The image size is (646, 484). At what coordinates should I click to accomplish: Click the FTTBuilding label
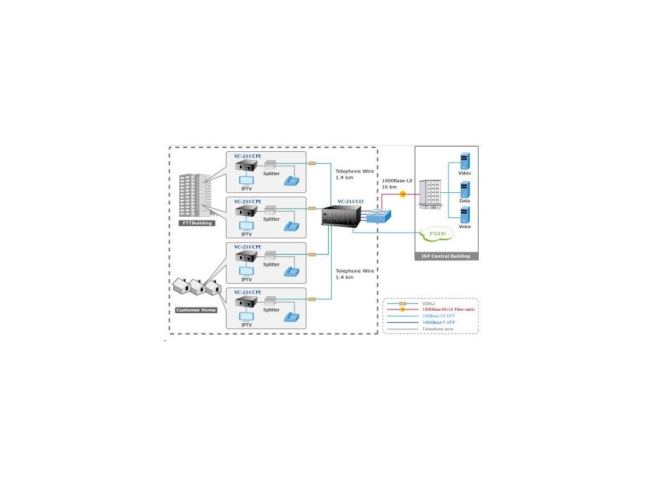196,222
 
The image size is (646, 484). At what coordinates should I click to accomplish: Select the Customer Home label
196,310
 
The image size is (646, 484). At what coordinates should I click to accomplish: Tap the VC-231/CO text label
350,201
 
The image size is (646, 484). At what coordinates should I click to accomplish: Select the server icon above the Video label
465,159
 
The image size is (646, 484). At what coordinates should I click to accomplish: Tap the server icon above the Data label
465,188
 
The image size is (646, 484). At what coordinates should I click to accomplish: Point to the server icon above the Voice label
465,213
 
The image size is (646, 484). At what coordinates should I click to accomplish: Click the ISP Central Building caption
446,256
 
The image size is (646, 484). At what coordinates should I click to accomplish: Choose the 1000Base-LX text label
397,181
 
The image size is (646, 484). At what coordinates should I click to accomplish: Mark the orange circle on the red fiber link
402,194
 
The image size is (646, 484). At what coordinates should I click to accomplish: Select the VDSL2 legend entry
428,303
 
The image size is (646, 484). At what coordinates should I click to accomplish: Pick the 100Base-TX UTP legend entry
438,316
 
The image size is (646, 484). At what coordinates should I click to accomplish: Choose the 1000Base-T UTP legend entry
438,322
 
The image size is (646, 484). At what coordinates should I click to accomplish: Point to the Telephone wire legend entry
438,328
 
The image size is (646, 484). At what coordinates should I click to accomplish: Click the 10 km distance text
389,187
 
